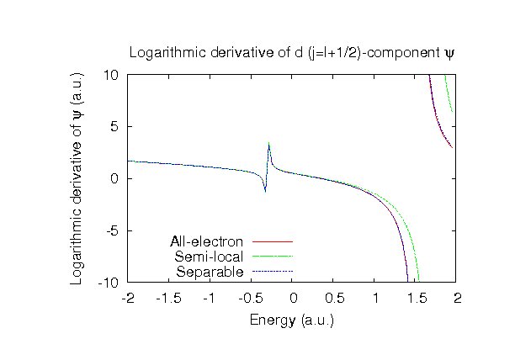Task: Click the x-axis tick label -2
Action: coord(128,298)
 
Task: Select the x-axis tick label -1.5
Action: coord(169,298)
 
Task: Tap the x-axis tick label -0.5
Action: coord(251,298)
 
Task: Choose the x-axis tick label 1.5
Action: coord(415,298)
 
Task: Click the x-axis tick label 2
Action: coord(456,298)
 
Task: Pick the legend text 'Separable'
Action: coord(210,272)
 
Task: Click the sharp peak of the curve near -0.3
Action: coord(268,145)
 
